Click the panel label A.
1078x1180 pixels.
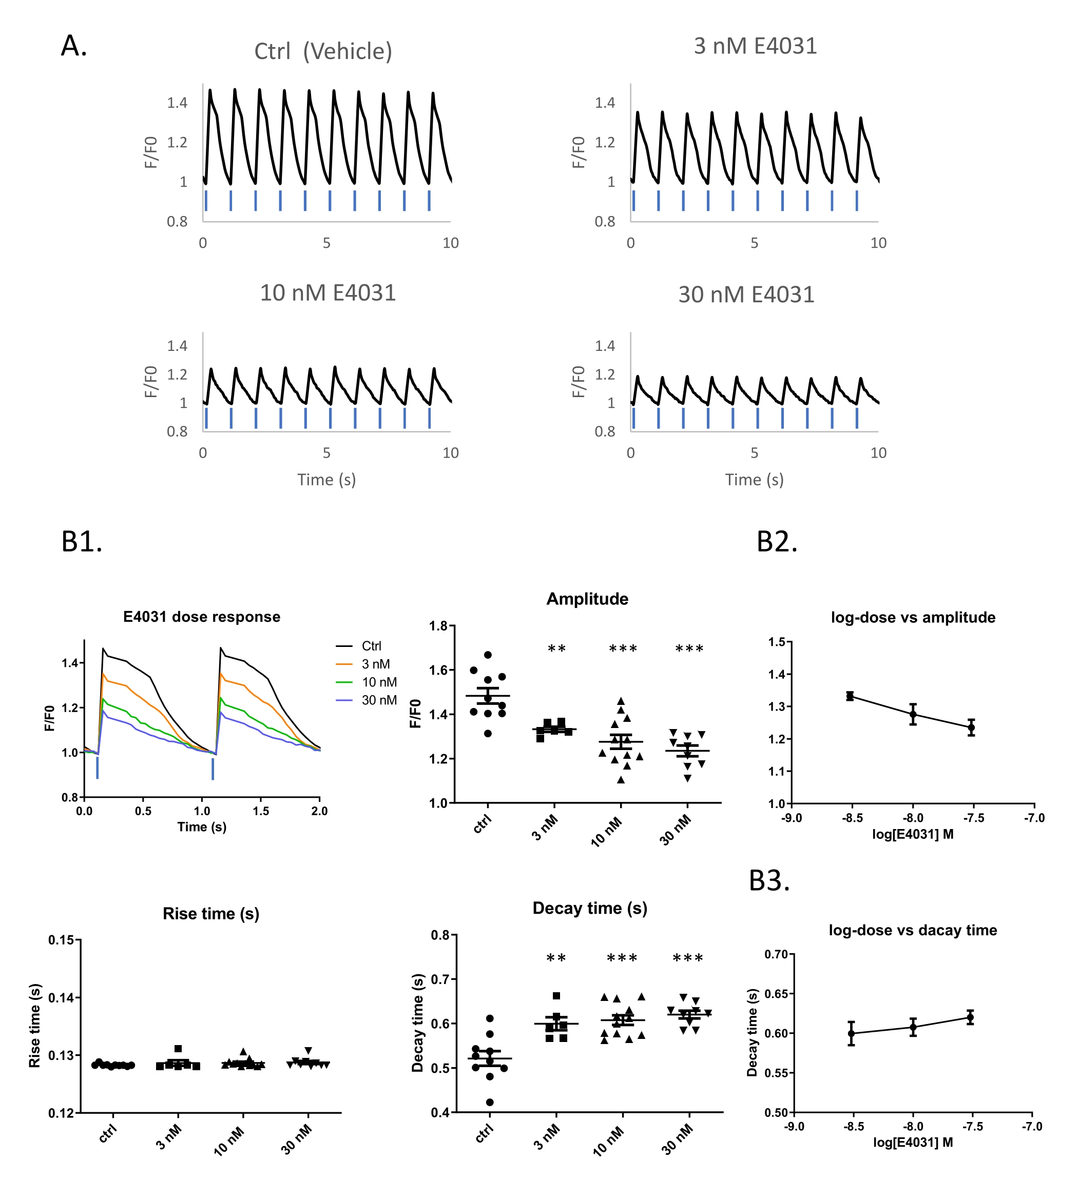point(74,46)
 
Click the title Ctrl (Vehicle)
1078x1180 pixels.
point(323,51)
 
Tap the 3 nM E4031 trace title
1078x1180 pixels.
point(755,46)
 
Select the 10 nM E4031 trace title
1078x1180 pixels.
point(328,292)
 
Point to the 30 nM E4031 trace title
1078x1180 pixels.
point(746,294)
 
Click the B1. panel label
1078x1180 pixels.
point(82,541)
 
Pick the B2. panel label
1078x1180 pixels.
point(777,541)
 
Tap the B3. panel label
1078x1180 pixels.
point(769,880)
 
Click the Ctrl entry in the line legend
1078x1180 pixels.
point(371,646)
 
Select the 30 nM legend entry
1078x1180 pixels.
point(379,700)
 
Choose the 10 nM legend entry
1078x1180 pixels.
point(379,682)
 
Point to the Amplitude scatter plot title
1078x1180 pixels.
point(587,599)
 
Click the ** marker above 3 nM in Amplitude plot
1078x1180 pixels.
point(556,649)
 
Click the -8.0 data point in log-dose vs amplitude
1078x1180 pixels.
point(912,715)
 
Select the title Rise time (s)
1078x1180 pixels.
point(211,914)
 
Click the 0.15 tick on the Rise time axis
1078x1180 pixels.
point(61,940)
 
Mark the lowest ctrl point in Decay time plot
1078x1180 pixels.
point(490,1103)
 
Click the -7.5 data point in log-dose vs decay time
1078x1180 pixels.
point(970,1018)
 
